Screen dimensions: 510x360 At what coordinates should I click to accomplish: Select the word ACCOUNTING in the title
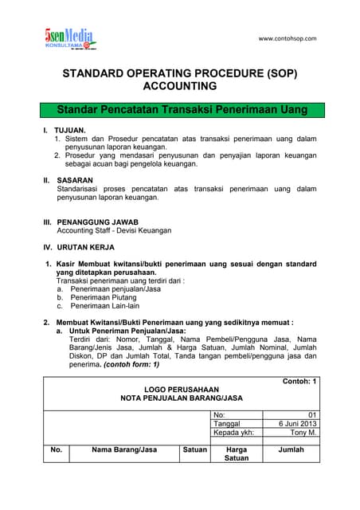[x=179, y=85]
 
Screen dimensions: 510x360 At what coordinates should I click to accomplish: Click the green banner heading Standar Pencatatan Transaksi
[x=180, y=108]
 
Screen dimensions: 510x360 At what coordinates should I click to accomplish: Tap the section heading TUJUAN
[x=69, y=129]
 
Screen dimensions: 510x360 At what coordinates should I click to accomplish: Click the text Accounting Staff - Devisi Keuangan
[x=114, y=230]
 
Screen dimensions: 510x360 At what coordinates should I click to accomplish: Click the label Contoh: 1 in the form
[x=299, y=382]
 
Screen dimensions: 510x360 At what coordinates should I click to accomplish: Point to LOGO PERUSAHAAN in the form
[x=181, y=390]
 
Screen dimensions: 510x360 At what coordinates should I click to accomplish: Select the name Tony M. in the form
[x=303, y=433]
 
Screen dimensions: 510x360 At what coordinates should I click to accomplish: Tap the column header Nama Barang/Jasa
[x=124, y=450]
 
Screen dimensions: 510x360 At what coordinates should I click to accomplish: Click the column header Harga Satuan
[x=237, y=454]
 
